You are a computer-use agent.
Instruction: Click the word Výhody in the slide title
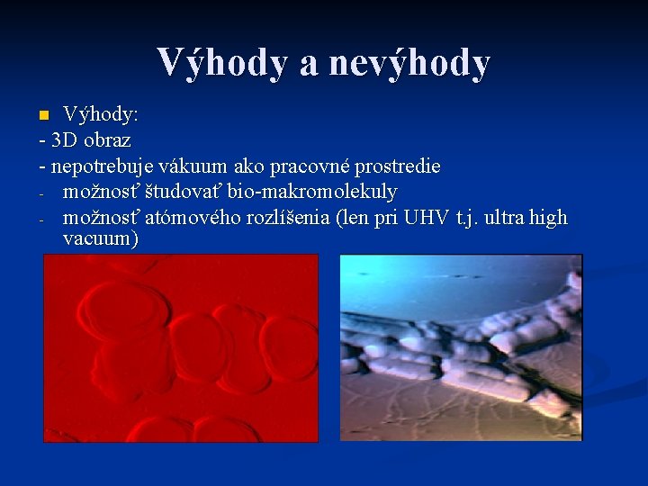coord(220,63)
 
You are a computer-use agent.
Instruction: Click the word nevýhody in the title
coord(409,63)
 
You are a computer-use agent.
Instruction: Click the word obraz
coord(107,140)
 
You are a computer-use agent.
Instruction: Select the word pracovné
coord(304,166)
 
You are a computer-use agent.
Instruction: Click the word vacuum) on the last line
coord(100,239)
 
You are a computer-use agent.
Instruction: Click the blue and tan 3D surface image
coord(461,347)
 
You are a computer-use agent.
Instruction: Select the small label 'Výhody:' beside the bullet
coord(100,115)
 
